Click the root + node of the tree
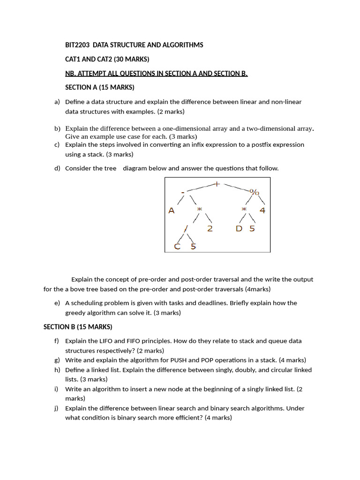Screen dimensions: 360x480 click(x=217, y=184)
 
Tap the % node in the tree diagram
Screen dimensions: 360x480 click(x=255, y=192)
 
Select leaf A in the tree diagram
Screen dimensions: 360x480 click(x=172, y=210)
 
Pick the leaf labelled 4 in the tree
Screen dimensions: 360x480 click(x=262, y=210)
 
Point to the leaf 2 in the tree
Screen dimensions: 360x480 click(x=210, y=228)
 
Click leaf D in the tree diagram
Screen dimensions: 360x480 click(x=239, y=228)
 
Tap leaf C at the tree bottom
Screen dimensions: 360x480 click(x=177, y=247)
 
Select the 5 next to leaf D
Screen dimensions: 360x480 click(x=252, y=228)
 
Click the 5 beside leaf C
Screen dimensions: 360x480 click(x=193, y=247)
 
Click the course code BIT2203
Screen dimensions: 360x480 click(x=77, y=45)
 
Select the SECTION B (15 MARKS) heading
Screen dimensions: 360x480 click(x=78, y=327)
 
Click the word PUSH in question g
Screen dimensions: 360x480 click(x=178, y=360)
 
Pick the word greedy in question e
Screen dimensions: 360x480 click(x=75, y=313)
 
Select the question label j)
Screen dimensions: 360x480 click(x=57, y=408)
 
